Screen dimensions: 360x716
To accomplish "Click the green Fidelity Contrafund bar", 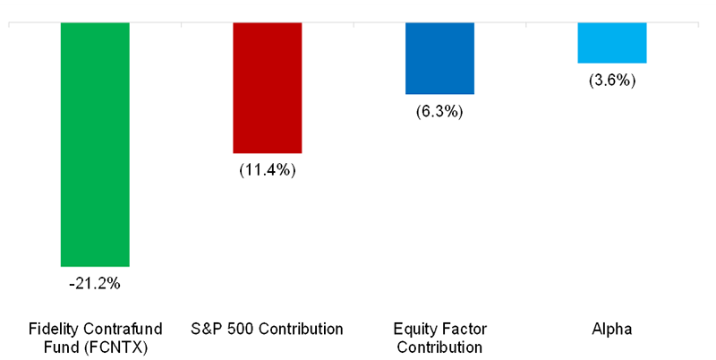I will click(95, 143).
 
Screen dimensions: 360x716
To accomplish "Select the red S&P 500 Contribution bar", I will click(267, 87).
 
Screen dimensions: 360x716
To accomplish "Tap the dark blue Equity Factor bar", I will click(439, 58).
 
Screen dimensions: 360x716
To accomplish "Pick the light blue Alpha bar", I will click(612, 42).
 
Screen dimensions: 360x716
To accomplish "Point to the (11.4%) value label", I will click(267, 170).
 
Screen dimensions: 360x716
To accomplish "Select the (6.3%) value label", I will click(439, 112).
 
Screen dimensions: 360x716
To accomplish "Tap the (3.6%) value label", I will click(612, 81).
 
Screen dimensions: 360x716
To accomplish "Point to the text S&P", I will click(207, 329).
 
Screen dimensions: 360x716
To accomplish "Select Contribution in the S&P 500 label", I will click(299, 329).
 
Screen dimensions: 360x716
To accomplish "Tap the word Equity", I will click(415, 329).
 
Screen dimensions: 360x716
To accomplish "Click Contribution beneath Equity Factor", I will click(439, 347).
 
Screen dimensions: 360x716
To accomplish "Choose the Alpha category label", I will click(612, 329).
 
